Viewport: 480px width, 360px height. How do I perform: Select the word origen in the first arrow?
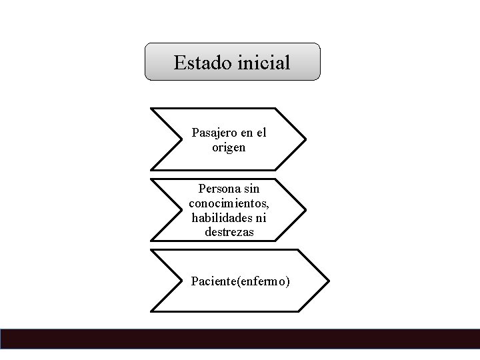tap(229, 147)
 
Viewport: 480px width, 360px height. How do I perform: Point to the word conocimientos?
tap(229, 203)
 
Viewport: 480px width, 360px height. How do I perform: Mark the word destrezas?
tap(229, 232)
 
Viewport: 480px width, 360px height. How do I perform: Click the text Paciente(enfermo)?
tap(240, 281)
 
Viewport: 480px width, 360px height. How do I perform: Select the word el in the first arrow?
tap(261, 133)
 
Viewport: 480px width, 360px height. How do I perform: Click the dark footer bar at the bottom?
tap(240, 339)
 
